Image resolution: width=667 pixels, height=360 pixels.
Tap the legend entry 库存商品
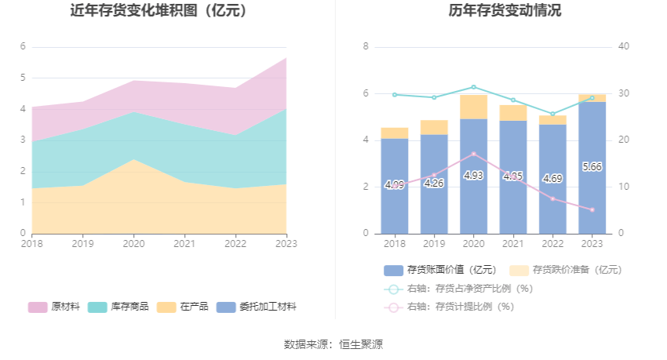click(x=118, y=307)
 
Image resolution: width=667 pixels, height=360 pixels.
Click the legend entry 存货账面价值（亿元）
click(x=440, y=270)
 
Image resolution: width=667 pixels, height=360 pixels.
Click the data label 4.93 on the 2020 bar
click(x=473, y=176)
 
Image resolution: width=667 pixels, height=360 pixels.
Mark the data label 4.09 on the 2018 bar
click(x=395, y=185)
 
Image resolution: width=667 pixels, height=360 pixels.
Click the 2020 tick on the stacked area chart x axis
click(x=133, y=244)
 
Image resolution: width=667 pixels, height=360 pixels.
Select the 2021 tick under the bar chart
click(x=512, y=244)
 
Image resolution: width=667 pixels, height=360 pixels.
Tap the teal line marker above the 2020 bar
click(x=473, y=87)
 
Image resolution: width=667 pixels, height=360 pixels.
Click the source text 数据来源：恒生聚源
click(x=333, y=344)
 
